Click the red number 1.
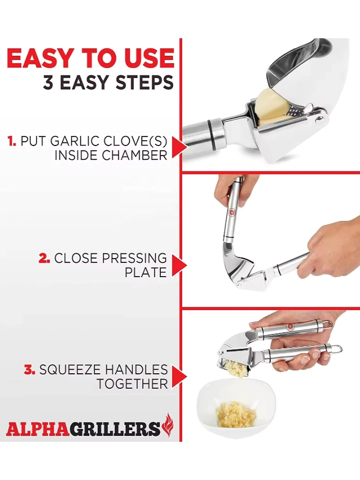[12, 141]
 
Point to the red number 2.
[45, 259]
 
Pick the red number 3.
[30, 370]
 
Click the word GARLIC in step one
[75, 141]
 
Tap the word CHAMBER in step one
[134, 155]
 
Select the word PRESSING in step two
[134, 259]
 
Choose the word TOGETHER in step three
[132, 383]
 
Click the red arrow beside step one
[179, 147]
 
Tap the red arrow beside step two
[179, 265]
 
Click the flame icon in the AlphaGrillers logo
[168, 425]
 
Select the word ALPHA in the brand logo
[37, 429]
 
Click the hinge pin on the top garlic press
[320, 119]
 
